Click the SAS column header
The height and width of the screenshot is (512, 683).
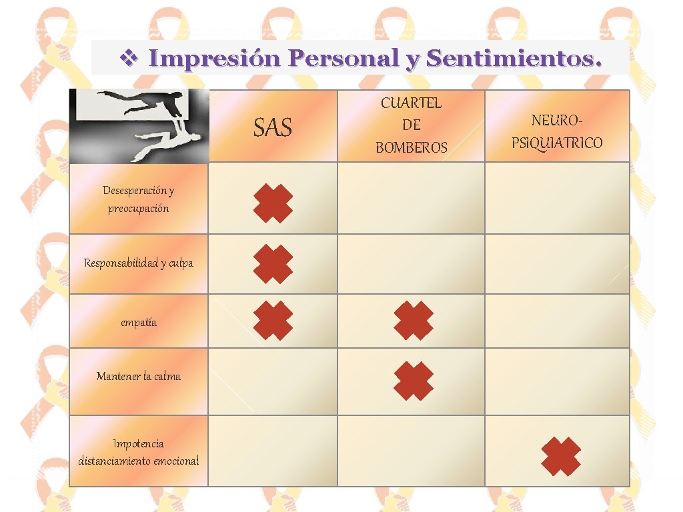273,127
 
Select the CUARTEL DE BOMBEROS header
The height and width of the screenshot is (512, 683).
411,125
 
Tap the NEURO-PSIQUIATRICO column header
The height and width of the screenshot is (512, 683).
557,131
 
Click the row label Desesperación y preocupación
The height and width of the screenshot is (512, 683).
139,199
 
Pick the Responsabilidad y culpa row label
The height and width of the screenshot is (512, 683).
139,263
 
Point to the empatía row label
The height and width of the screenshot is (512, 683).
139,323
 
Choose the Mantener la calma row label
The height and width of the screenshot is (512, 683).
139,376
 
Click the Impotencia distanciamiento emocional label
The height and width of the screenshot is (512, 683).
139,452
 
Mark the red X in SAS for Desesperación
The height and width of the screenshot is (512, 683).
273,203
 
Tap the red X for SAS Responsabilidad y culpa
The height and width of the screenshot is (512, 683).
273,264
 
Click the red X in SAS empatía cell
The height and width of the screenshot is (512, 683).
273,321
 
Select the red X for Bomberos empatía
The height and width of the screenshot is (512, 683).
413,321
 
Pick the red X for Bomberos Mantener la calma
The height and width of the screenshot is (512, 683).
413,381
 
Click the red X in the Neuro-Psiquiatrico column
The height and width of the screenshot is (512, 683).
560,456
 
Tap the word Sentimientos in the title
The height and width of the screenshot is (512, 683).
514,59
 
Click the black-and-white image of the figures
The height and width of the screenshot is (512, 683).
139,125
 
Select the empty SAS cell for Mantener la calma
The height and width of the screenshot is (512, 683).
273,381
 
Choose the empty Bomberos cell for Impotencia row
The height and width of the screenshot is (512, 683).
411,451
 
